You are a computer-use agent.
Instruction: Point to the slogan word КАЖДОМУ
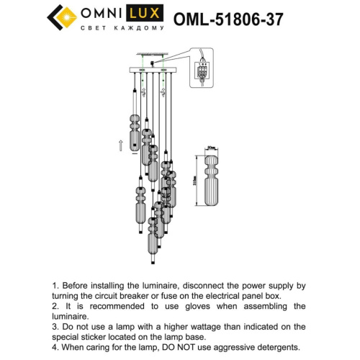point(142,29)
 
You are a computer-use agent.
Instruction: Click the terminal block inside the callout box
point(203,71)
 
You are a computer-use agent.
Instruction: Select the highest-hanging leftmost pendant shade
point(133,130)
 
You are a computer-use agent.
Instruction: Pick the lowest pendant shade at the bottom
point(153,241)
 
